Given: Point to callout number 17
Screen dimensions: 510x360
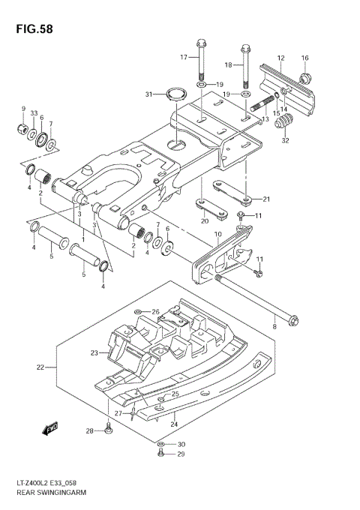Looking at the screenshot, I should tap(183, 57).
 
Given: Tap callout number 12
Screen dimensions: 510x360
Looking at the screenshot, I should tap(280, 58).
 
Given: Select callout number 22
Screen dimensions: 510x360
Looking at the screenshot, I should tap(40, 367).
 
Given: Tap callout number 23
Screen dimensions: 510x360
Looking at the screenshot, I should tap(94, 352).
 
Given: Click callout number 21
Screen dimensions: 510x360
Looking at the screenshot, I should tap(266, 199).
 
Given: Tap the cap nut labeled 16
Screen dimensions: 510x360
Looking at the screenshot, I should tap(305, 78).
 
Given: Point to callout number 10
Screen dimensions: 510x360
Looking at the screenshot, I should tap(218, 235).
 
